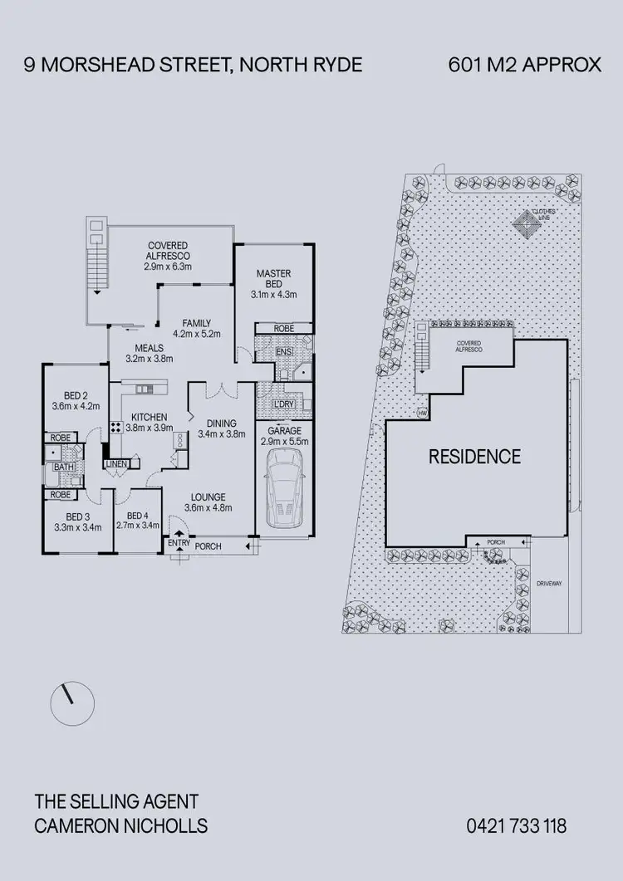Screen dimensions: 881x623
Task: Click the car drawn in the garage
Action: pyautogui.click(x=283, y=497)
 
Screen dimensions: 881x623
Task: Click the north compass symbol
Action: pyautogui.click(x=67, y=704)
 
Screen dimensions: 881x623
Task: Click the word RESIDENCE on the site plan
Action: pyautogui.click(x=474, y=456)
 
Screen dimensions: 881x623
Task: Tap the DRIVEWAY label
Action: pyautogui.click(x=549, y=584)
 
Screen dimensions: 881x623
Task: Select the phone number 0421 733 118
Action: pyautogui.click(x=517, y=825)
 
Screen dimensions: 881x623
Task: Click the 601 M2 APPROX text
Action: pyautogui.click(x=524, y=65)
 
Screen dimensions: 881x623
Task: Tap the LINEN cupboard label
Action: pyautogui.click(x=115, y=464)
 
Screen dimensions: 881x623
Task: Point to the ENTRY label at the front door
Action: pyautogui.click(x=179, y=543)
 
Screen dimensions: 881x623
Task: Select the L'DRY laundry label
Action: pyautogui.click(x=283, y=404)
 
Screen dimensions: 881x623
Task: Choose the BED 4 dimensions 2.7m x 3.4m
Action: pyautogui.click(x=137, y=525)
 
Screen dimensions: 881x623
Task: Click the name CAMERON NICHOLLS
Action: pyautogui.click(x=120, y=825)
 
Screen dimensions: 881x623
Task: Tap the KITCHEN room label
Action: pyautogui.click(x=150, y=417)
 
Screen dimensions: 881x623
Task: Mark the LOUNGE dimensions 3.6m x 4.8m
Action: pyautogui.click(x=208, y=507)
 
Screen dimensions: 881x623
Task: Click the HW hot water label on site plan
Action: pyautogui.click(x=422, y=414)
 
